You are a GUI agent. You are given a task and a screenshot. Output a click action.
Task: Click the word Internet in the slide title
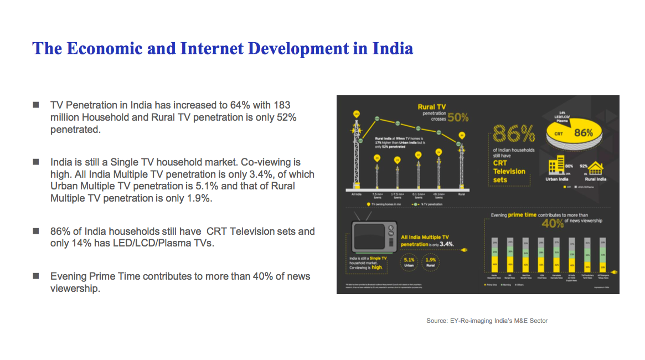point(211,49)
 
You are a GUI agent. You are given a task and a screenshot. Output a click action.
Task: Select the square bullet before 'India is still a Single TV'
point(36,162)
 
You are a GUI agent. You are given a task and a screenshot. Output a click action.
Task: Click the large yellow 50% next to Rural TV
point(458,117)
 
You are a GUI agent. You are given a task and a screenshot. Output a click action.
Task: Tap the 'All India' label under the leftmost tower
point(357,194)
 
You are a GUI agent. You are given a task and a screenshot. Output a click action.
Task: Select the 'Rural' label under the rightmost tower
point(462,194)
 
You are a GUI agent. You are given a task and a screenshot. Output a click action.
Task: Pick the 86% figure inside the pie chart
point(583,133)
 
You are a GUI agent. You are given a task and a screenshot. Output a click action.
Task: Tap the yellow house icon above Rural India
point(596,167)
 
